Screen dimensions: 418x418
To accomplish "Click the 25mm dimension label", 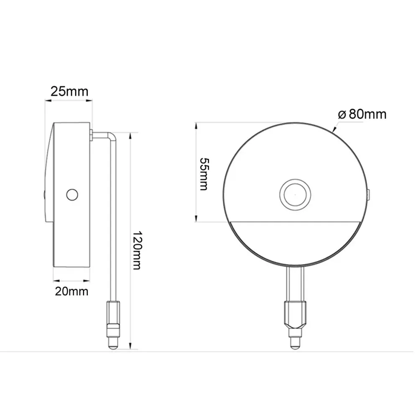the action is [x=69, y=92].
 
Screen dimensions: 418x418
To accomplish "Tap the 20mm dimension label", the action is [x=71, y=291].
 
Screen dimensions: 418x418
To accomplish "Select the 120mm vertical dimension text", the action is [x=138, y=250].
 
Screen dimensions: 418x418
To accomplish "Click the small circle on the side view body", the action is [x=72, y=195].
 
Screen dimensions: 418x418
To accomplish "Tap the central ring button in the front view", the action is [x=295, y=195].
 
